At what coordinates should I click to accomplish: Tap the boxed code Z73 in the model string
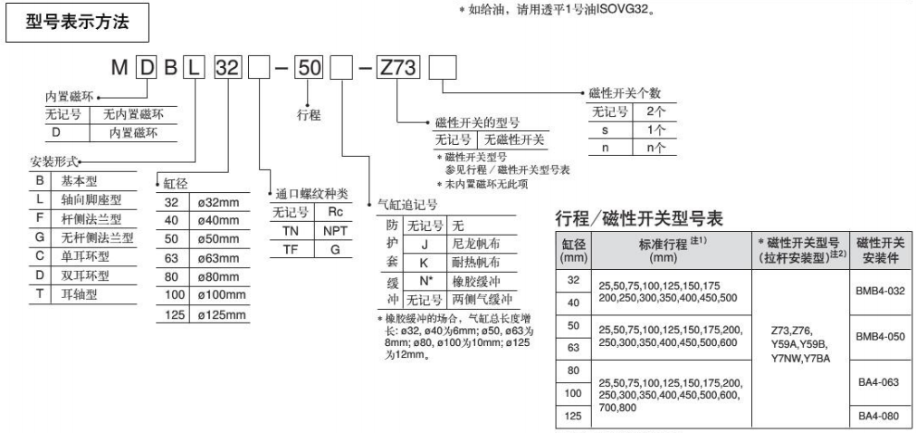(x=396, y=69)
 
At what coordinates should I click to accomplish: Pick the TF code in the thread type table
(x=291, y=247)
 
